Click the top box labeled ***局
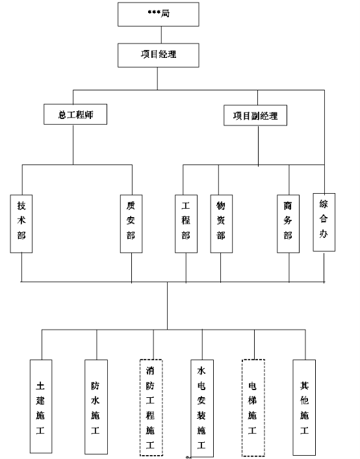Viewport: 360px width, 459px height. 159,14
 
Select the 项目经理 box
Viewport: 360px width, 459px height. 159,55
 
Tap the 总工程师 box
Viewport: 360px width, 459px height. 75,114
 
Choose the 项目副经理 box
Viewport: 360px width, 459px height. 255,115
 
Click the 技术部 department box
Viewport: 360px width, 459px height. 21,224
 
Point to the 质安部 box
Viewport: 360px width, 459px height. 131,224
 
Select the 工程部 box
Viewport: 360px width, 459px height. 186,224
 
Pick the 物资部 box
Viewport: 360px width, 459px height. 222,224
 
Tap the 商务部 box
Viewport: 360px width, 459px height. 289,224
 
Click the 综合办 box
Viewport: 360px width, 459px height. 324,222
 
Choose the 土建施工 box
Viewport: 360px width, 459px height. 41,406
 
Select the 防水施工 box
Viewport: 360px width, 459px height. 96,407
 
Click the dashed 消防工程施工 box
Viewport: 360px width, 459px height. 151,408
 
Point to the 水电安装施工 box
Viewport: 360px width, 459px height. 202,408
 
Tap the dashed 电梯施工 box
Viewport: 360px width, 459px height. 253,408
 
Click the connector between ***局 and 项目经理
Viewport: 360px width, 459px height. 161,35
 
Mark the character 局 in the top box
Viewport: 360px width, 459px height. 165,14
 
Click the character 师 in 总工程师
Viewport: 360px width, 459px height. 89,114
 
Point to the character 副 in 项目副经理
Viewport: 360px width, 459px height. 255,116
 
